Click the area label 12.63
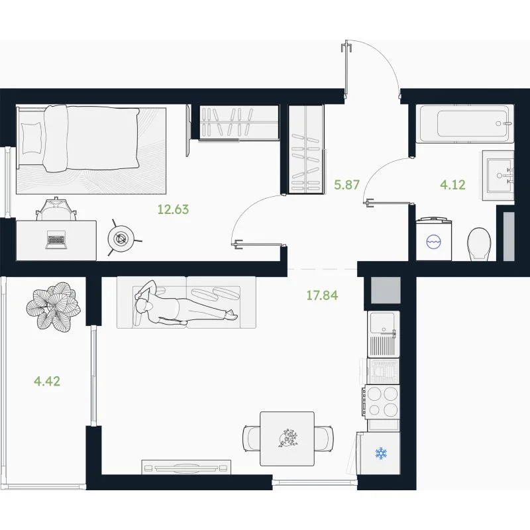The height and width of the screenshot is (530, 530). (x=173, y=209)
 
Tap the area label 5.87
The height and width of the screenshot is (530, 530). (x=346, y=185)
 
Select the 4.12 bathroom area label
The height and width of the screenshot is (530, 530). (x=452, y=185)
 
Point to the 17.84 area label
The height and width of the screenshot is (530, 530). (x=322, y=295)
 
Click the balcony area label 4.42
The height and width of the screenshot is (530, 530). (x=47, y=382)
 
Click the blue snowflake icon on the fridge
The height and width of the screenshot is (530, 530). (x=381, y=453)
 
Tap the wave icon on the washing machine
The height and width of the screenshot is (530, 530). (x=433, y=242)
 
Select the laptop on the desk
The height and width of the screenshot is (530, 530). (x=56, y=240)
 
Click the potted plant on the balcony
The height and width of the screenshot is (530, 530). (x=54, y=306)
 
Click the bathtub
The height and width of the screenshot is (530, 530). (x=465, y=123)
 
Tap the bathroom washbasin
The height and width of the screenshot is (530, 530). (x=500, y=176)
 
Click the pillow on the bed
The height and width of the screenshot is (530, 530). (x=32, y=138)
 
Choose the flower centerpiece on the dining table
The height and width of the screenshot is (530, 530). (x=288, y=439)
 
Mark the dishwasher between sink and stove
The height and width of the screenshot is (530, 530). (x=383, y=371)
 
